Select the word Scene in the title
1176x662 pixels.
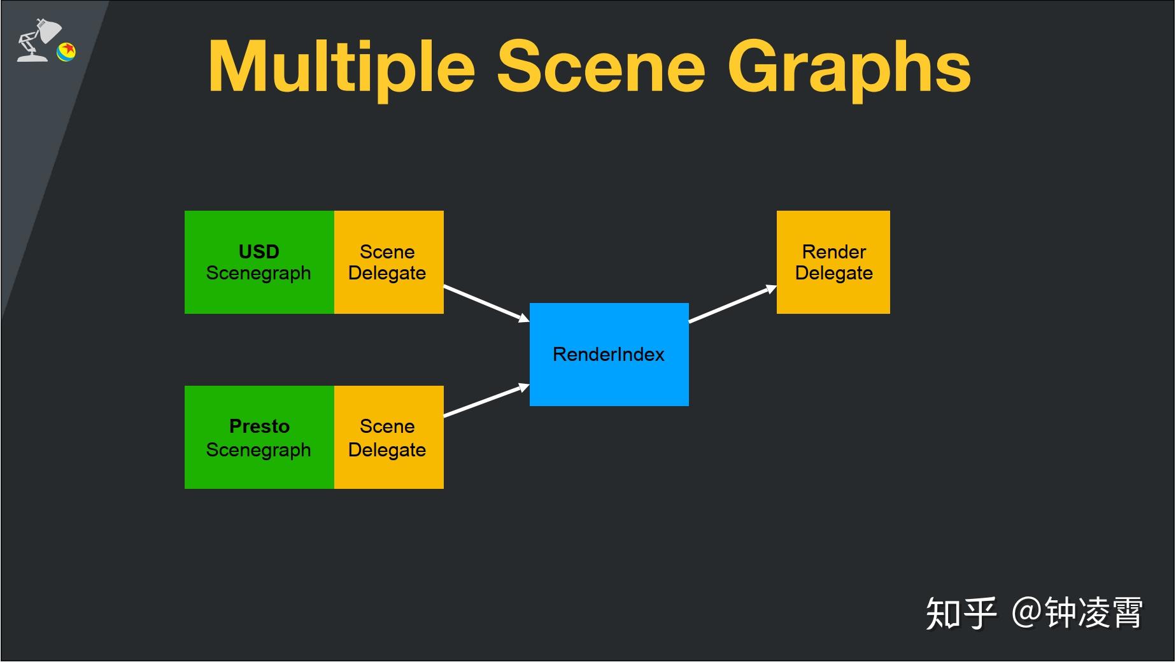pos(601,67)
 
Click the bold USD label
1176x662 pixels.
pos(259,251)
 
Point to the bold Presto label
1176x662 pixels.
pos(259,426)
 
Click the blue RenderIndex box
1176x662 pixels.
pos(609,355)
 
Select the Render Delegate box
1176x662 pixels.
pos(833,262)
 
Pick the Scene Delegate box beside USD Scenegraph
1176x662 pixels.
pos(389,262)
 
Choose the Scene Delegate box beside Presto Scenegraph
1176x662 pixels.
pos(389,437)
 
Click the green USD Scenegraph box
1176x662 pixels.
pos(259,262)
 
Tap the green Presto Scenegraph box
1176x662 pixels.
pos(259,437)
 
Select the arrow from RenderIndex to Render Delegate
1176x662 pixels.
pos(733,304)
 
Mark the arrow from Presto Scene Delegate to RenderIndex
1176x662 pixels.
pos(486,400)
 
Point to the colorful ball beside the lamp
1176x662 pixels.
pos(66,52)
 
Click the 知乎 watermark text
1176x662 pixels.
pos(961,613)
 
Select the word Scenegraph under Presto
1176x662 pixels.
pos(259,451)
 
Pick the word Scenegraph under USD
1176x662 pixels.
pos(259,274)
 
